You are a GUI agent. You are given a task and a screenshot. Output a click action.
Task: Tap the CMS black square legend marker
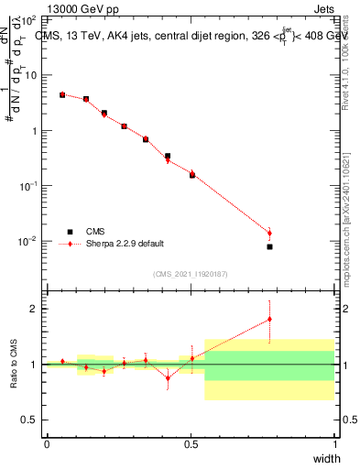pos(69,232)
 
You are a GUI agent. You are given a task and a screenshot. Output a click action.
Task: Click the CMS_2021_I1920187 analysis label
pos(190,274)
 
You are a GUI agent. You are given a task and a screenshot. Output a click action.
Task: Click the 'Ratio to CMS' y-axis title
pos(16,365)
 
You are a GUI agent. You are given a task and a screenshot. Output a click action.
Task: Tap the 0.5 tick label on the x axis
pos(191,444)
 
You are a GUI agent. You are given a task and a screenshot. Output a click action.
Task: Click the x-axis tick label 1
pos(334,444)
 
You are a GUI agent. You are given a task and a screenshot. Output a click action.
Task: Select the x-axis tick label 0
pos(47,444)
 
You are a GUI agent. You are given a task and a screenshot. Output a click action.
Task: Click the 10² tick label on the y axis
pos(27,19)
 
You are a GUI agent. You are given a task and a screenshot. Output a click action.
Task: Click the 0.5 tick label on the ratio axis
pos(31,420)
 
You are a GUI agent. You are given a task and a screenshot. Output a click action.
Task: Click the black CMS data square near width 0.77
pos(269,246)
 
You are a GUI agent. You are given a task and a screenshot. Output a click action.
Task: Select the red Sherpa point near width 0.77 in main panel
pos(269,233)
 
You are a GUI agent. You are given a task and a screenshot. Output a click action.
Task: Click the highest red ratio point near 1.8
pos(269,319)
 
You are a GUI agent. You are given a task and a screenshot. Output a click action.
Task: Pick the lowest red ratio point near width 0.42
pos(168,377)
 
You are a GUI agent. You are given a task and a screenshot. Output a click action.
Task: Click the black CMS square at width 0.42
pos(168,156)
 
